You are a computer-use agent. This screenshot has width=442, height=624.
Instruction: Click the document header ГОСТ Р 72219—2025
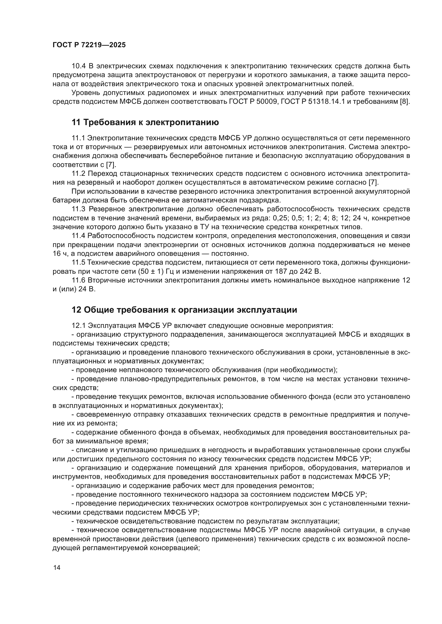pos(89,45)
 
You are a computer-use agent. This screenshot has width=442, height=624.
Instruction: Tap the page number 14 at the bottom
pos(57,567)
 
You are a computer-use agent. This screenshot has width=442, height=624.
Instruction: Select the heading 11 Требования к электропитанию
pos(145,122)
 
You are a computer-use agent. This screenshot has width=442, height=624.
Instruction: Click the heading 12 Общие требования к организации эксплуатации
pos(184,310)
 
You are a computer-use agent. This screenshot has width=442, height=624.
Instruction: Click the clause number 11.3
pos(79,209)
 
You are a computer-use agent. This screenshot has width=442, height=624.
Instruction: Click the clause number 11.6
pos(79,280)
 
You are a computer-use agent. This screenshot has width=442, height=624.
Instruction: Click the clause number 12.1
pos(79,325)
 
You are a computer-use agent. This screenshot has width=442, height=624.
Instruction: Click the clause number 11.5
pos(79,263)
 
